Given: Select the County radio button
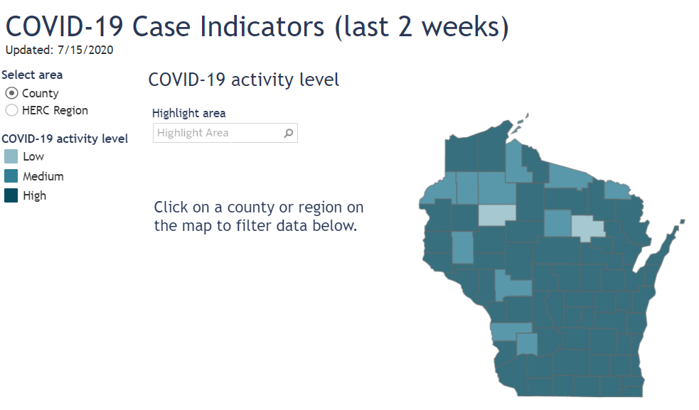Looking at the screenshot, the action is (11, 93).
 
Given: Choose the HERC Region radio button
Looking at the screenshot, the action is (11, 110).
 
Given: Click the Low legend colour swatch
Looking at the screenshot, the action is (11, 156).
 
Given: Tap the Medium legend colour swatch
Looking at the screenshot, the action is (11, 176).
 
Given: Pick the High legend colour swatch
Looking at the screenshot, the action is (11, 195).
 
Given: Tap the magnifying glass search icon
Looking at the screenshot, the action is (289, 133).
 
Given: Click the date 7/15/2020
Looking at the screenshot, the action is (85, 50).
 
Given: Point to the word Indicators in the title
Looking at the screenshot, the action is (262, 27).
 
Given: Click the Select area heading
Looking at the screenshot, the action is (32, 75).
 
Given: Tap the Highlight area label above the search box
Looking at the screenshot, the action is (188, 113).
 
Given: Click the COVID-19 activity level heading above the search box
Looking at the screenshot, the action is (243, 80).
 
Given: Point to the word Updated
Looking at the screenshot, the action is (29, 50).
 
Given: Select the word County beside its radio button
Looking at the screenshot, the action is (40, 93).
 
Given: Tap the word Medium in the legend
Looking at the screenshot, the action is (43, 176).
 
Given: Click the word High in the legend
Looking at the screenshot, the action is (34, 195).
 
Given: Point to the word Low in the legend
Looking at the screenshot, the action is (33, 156).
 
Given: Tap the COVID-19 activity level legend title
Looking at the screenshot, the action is (65, 139).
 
